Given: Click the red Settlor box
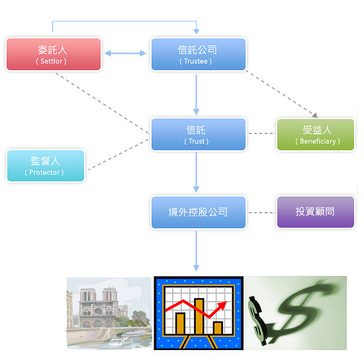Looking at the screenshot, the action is (x=54, y=54).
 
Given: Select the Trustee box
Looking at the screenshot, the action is (x=199, y=54).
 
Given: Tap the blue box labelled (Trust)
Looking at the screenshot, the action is (x=199, y=134).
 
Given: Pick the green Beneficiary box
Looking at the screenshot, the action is (x=316, y=134).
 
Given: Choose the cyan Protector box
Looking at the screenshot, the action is (x=46, y=165).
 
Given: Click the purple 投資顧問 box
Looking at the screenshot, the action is (x=316, y=212).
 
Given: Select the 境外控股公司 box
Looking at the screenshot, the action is (x=199, y=212).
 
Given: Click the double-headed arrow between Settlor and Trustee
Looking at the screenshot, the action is (x=125, y=54).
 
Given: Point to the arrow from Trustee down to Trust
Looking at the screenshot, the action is (x=196, y=95).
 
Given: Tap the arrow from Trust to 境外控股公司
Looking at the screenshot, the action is (x=196, y=172).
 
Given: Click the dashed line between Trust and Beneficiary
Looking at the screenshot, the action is (x=262, y=134).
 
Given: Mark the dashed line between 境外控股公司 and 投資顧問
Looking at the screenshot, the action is (x=262, y=212).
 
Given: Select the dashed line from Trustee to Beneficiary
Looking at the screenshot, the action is (x=281, y=94).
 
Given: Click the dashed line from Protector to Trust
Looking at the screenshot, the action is (x=118, y=155).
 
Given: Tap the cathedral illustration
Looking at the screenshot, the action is (x=109, y=314).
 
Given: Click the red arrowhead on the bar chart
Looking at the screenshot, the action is (x=222, y=305).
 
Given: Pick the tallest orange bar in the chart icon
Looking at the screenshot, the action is (x=199, y=316).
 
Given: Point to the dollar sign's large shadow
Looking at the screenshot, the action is (x=302, y=308).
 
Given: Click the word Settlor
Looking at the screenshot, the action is (x=52, y=62).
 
